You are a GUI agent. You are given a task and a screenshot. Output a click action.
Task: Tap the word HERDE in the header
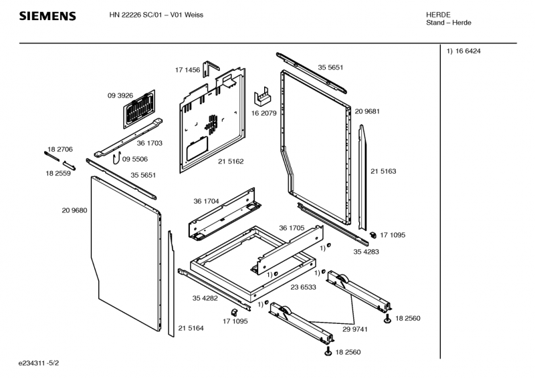(438, 15)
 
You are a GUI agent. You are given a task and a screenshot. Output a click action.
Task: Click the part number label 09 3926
(121, 96)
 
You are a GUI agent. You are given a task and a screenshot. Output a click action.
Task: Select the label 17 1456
(188, 69)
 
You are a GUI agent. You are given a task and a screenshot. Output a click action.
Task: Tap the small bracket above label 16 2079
(263, 98)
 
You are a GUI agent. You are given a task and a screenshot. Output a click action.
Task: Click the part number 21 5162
(231, 162)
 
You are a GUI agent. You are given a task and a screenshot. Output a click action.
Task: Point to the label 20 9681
(367, 111)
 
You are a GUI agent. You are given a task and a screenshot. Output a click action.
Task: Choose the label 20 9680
(74, 210)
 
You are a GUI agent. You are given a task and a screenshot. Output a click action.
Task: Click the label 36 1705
(292, 228)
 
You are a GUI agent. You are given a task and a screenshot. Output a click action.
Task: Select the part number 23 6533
(303, 287)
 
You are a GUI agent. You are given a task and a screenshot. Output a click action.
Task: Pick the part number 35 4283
(366, 251)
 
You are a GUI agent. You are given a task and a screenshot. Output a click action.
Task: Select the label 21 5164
(191, 328)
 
